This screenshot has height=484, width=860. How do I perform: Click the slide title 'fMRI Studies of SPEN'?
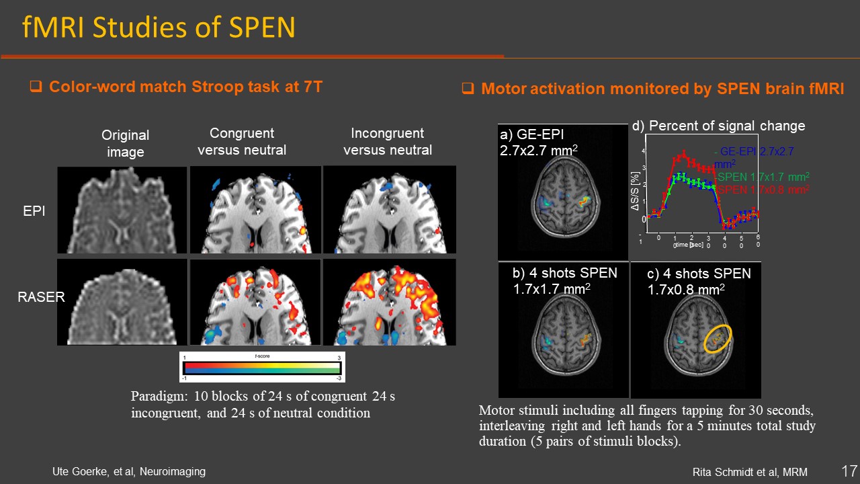click(159, 28)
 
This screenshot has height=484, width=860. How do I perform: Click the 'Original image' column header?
click(125, 143)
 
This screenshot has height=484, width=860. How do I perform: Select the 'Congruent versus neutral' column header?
click(242, 141)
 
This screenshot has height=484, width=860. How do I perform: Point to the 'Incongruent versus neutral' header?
click(388, 141)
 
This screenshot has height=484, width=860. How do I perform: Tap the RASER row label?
click(41, 296)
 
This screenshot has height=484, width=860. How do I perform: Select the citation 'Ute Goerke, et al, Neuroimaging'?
click(129, 472)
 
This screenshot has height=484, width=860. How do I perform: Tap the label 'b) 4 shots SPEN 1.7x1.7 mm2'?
click(564, 282)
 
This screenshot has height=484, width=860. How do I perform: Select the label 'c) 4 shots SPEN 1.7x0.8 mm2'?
click(699, 282)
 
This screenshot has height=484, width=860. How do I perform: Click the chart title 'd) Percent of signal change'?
click(718, 126)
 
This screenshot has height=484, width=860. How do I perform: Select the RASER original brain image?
click(122, 302)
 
